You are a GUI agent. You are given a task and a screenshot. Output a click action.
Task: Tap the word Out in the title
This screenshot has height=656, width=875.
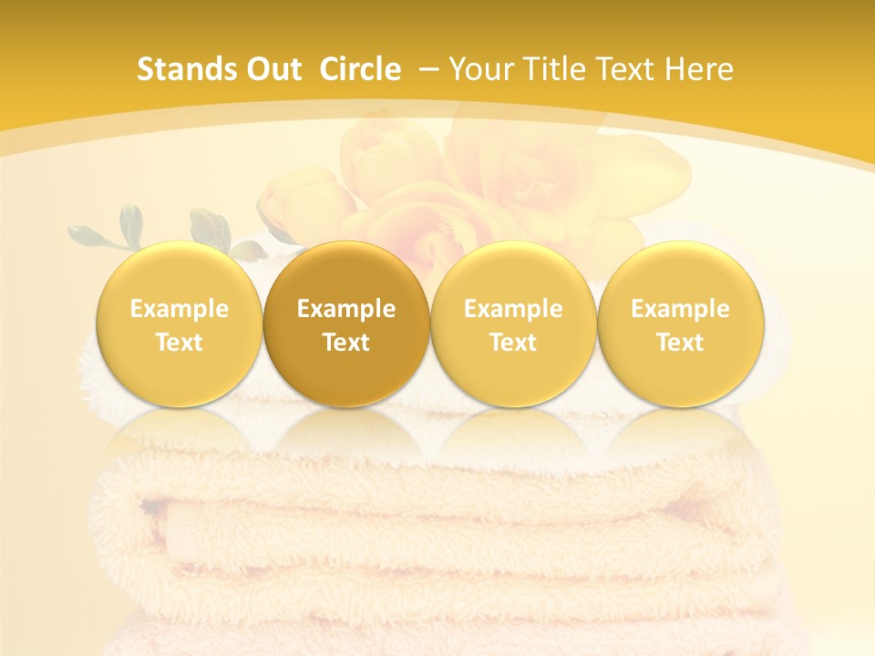pyautogui.click(x=273, y=69)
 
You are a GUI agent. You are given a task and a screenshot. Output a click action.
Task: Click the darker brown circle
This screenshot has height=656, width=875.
pyautogui.click(x=346, y=323)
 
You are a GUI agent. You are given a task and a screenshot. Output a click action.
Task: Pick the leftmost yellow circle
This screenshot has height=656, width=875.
pyautogui.click(x=179, y=323)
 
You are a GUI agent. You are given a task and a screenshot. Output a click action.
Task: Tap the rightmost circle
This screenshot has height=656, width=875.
pyautogui.click(x=681, y=323)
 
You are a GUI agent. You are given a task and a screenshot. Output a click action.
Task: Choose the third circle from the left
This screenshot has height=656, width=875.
pyautogui.click(x=513, y=323)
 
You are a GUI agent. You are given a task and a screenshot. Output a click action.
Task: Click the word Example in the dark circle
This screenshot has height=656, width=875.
pyautogui.click(x=346, y=309)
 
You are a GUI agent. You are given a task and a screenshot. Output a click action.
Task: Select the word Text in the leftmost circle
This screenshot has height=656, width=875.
pyautogui.click(x=179, y=343)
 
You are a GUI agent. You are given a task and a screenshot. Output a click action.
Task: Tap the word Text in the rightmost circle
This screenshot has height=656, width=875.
pyautogui.click(x=681, y=343)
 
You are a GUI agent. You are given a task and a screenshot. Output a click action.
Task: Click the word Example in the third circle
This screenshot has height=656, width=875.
pyautogui.click(x=513, y=309)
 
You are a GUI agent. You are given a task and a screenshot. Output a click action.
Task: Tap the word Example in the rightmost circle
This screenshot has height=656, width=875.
pyautogui.click(x=681, y=309)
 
